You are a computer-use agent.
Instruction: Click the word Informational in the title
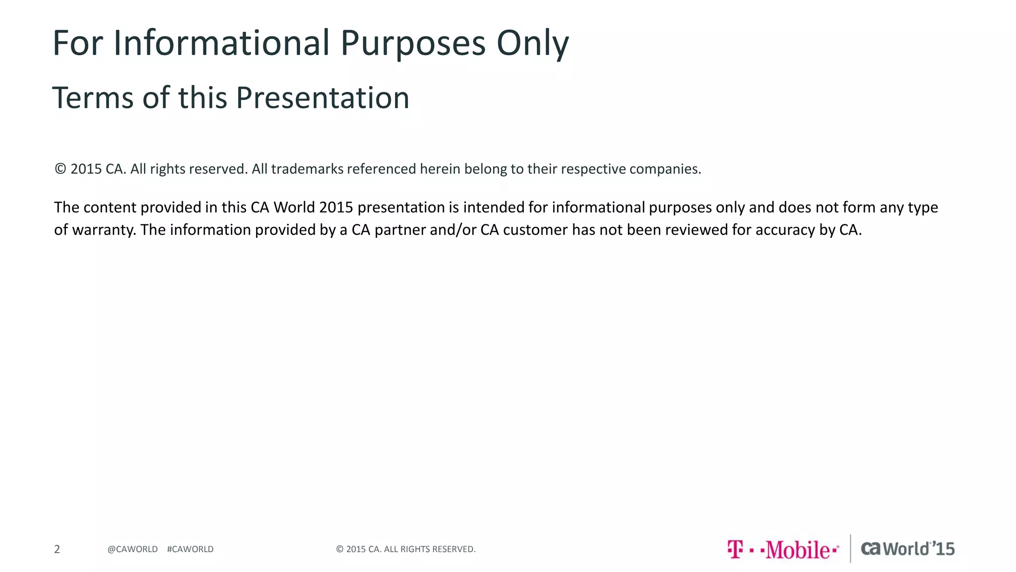pos(221,43)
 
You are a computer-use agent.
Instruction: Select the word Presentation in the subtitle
pos(322,98)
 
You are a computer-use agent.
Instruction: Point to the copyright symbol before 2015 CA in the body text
pos(60,169)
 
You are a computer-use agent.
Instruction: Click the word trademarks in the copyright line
pos(307,169)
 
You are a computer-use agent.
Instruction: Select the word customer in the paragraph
pos(535,230)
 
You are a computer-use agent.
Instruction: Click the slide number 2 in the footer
pos(57,549)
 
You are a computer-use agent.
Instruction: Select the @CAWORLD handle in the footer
pos(132,549)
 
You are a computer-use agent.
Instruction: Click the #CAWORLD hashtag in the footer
pos(190,549)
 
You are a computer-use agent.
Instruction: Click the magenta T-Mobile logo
pos(783,549)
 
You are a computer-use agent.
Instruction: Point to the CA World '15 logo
pos(907,549)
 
